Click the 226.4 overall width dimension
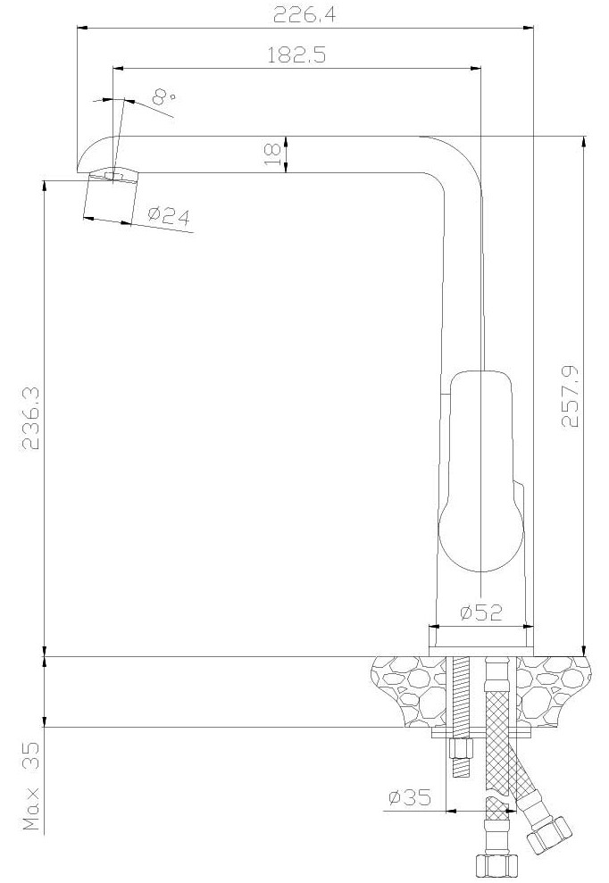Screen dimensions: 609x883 tap(304, 14)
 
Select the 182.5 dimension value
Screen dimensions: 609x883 tap(296, 55)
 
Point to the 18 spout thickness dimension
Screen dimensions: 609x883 tap(271, 154)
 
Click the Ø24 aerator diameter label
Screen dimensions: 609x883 tap(169, 215)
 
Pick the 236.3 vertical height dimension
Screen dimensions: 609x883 tap(30, 418)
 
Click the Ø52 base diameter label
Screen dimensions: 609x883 tap(481, 612)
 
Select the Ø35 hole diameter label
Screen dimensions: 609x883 tap(410, 796)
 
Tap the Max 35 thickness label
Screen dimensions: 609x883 tap(31, 787)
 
